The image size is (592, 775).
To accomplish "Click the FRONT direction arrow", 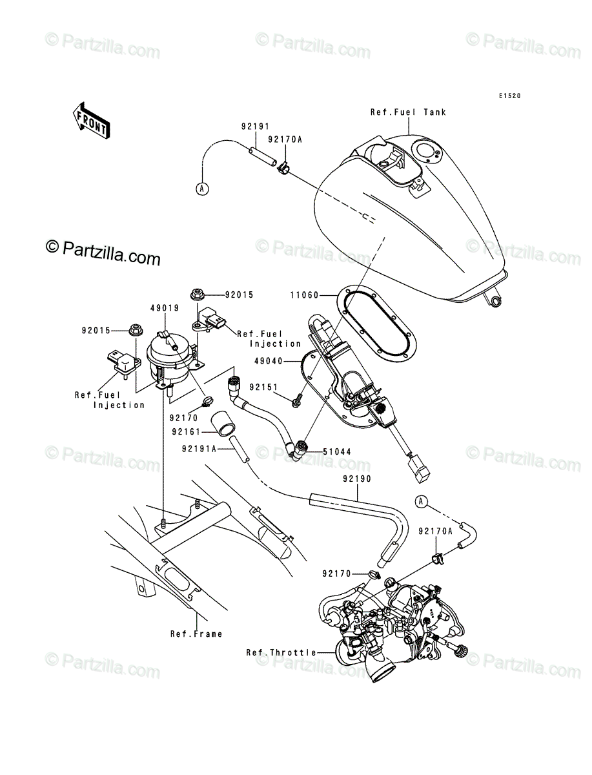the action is [92, 120].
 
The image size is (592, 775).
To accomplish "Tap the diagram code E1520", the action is [509, 96].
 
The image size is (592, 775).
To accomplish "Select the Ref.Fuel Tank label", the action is [408, 112].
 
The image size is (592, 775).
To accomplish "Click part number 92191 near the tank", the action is [256, 126].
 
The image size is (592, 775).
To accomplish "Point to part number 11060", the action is [305, 294].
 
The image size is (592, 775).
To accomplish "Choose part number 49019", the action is [165, 308].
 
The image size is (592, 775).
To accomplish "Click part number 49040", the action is [269, 361].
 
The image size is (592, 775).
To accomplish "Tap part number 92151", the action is [264, 387].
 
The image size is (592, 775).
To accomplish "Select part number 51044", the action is [336, 451].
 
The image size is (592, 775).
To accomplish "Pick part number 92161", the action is [187, 431].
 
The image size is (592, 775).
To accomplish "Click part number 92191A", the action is [199, 448].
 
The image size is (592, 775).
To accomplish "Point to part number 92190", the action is [357, 479].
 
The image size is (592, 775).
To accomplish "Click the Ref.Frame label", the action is [196, 644].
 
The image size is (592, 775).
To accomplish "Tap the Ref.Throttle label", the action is [281, 663].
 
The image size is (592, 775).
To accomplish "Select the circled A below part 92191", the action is [202, 189].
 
